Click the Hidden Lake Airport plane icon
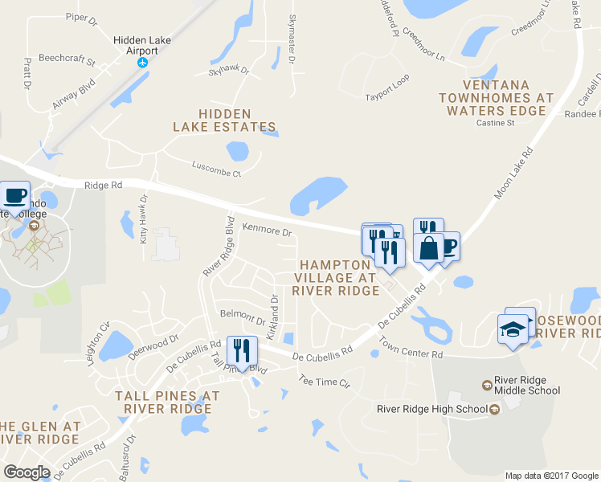click(x=144, y=63)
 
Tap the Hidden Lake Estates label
click(x=224, y=120)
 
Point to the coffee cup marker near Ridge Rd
click(x=15, y=195)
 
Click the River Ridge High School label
click(x=432, y=409)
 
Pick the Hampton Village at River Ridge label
click(x=336, y=277)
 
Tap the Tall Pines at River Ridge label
click(x=167, y=402)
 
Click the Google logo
click(x=27, y=472)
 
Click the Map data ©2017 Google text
click(x=551, y=476)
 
